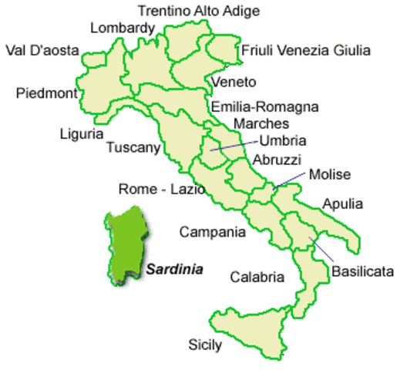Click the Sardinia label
tap(175, 270)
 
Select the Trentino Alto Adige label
tap(198, 11)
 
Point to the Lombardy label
tap(123, 29)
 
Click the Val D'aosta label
tap(42, 51)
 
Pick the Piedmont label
tap(46, 94)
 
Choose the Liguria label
tap(81, 134)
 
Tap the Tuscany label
tap(133, 147)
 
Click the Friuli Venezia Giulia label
tap(306, 51)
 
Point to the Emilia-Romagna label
tap(264, 107)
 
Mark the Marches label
tap(261, 123)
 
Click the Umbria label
tap(283, 140)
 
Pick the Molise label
tap(329, 175)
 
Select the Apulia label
tap(343, 204)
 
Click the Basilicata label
tap(363, 271)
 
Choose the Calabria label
tap(257, 277)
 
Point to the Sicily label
tap(205, 344)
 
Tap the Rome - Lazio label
tap(161, 189)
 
